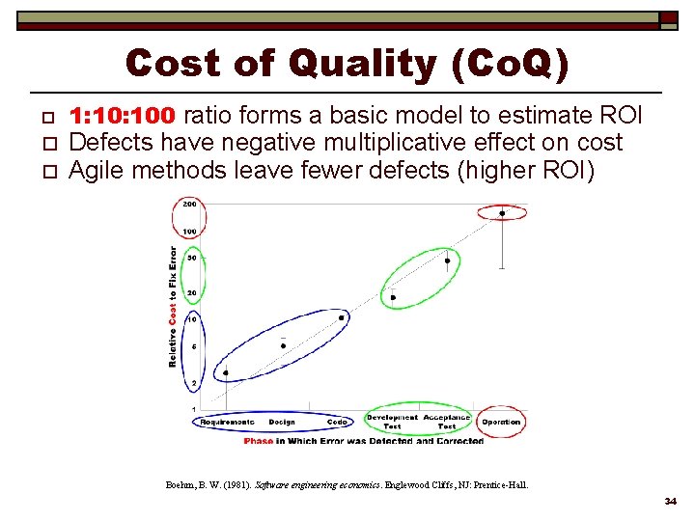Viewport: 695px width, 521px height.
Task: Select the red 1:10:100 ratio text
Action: (123, 117)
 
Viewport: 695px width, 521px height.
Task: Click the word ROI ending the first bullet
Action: (622, 117)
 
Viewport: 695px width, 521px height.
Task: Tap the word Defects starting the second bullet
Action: (105, 143)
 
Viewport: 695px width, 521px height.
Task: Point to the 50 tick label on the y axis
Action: (191, 259)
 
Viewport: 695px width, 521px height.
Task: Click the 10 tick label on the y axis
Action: (191, 318)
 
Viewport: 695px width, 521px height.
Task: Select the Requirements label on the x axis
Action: (227, 422)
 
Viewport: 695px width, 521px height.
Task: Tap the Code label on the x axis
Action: (337, 422)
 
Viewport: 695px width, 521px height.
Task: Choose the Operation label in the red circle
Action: (501, 422)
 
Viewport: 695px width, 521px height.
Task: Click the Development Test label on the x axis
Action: (392, 422)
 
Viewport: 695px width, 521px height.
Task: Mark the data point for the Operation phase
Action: (502, 213)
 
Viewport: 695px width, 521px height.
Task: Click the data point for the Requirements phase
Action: (226, 372)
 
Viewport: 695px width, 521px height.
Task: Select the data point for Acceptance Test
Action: (447, 260)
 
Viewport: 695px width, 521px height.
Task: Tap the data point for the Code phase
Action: (341, 316)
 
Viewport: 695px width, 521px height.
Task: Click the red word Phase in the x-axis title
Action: (259, 441)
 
